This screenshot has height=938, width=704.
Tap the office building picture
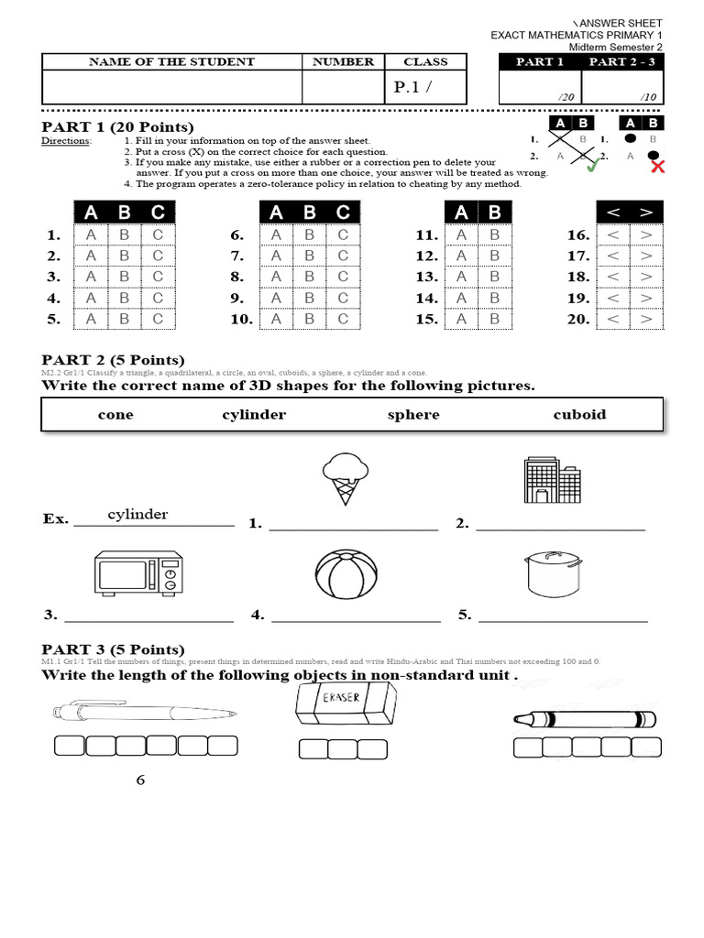click(552, 479)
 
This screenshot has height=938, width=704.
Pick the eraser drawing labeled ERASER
click(342, 708)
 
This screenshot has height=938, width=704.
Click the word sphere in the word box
click(413, 414)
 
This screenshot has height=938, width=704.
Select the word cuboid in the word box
click(579, 414)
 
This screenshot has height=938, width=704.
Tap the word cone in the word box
click(115, 414)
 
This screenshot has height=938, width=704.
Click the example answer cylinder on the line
click(137, 514)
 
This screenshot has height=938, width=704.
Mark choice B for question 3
click(124, 277)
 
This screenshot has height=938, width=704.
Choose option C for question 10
click(343, 319)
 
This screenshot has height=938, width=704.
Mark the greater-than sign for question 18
click(645, 277)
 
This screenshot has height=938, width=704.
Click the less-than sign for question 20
click(613, 319)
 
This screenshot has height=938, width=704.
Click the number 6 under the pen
click(140, 780)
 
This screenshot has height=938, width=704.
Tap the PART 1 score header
click(540, 61)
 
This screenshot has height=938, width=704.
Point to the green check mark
click(593, 165)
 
